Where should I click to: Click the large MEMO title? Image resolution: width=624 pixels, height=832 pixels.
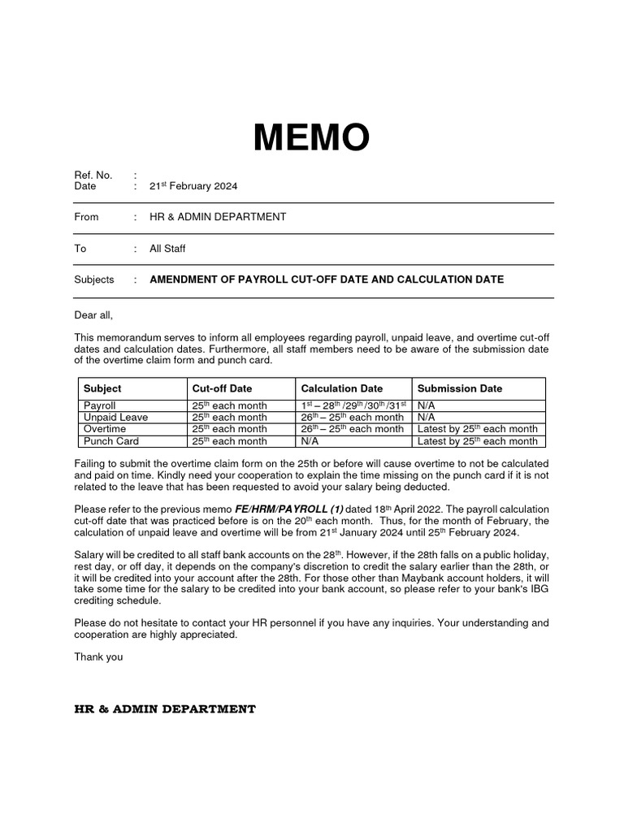[x=311, y=138]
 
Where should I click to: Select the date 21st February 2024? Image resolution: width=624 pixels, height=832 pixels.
[x=193, y=186]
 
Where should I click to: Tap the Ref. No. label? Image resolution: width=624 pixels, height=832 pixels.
[x=93, y=175]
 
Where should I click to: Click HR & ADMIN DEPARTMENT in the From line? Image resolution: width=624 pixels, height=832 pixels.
[x=218, y=217]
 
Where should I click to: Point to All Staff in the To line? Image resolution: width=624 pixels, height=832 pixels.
[x=167, y=249]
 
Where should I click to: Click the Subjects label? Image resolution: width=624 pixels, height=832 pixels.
[x=94, y=279]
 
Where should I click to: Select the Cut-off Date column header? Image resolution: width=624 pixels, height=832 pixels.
[x=222, y=388]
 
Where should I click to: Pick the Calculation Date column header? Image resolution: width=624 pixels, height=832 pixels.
[x=341, y=388]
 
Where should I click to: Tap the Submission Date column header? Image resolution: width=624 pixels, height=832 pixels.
[x=460, y=388]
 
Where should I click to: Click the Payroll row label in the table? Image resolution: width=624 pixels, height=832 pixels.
[x=100, y=405]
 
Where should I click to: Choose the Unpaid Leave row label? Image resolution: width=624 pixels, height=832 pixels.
[x=115, y=417]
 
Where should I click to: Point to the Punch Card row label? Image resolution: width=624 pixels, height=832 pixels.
[x=111, y=441]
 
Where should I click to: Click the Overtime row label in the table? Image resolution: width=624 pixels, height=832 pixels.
[x=105, y=429]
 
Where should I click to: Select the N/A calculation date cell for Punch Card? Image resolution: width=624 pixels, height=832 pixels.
[x=309, y=441]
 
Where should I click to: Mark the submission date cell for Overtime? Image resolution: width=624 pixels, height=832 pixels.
[x=478, y=429]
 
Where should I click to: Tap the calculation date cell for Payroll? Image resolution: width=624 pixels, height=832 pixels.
[x=352, y=405]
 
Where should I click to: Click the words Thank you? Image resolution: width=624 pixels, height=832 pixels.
[x=98, y=656]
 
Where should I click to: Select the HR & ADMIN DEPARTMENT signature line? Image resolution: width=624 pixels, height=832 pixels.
[x=165, y=709]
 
